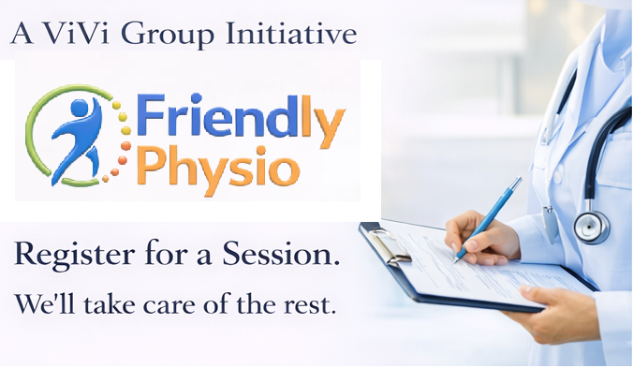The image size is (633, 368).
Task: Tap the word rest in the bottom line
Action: coord(312,306)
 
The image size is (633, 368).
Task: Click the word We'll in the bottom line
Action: coord(38,305)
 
